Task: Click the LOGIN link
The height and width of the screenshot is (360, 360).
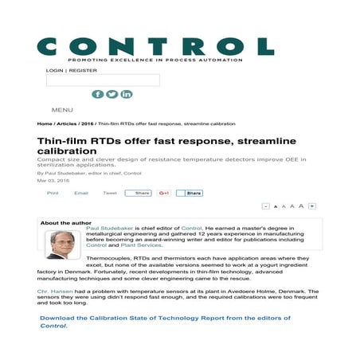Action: tap(55, 70)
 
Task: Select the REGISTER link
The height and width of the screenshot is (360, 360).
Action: tap(83, 70)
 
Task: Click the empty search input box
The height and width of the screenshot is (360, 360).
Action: tap(103, 80)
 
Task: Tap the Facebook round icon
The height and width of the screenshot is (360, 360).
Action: tap(98, 94)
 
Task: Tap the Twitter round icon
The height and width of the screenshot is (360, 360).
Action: tap(112, 94)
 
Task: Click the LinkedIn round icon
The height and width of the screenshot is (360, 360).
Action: tap(127, 94)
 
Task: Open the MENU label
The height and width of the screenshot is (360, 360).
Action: tap(62, 110)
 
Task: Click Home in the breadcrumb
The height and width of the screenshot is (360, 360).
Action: tap(45, 124)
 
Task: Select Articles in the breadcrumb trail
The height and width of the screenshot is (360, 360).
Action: tap(66, 124)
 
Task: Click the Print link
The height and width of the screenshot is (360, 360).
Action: tap(53, 193)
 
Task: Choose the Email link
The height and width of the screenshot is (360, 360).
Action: tap(80, 193)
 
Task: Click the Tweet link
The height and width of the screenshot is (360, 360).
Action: tap(110, 193)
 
